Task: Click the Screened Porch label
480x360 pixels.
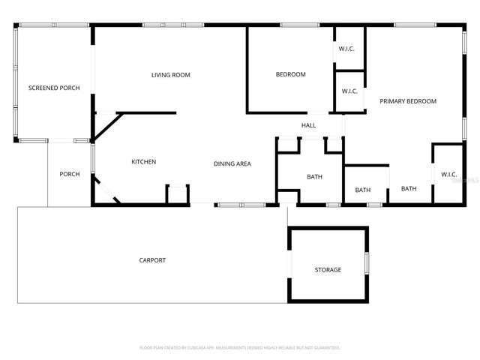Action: [x=49, y=88]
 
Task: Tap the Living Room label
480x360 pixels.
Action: [x=171, y=75]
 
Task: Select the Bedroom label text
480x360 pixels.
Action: [x=291, y=74]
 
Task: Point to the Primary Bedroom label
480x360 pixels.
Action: [x=408, y=101]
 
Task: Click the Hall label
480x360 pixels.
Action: [x=309, y=125]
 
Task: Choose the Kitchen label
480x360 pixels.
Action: [x=144, y=162]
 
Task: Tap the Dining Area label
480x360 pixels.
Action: [x=232, y=163]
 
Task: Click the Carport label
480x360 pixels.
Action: [x=152, y=260]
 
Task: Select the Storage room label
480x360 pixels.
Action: [x=328, y=270]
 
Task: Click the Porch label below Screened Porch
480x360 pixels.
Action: [x=70, y=175]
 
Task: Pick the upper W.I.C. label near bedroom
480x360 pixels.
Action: [x=346, y=49]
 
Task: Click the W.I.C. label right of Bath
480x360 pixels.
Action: [x=448, y=175]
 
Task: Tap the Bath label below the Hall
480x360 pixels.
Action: [x=314, y=177]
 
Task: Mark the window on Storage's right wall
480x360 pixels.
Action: [x=367, y=264]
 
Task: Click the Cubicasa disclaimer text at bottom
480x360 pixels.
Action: [x=240, y=348]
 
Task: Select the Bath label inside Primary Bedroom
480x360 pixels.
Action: [x=409, y=189]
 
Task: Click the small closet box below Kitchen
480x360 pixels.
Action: [x=178, y=194]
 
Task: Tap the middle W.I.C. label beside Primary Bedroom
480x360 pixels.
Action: [x=349, y=91]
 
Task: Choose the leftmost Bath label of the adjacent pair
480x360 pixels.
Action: [x=363, y=190]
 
